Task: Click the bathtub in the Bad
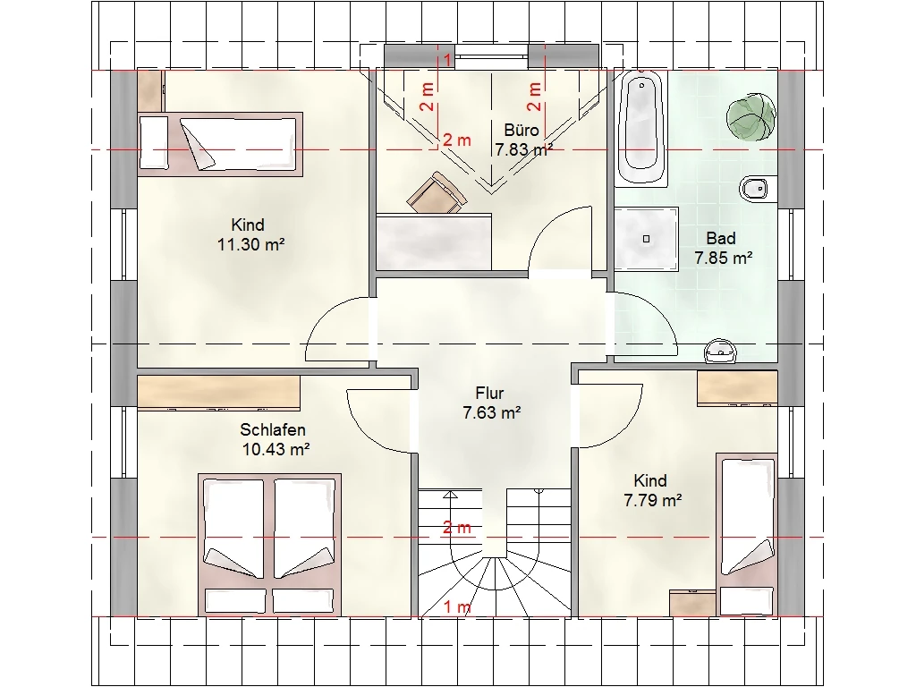click(x=642, y=129)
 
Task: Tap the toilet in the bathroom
click(x=756, y=188)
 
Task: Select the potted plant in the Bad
click(x=751, y=116)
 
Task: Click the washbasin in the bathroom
click(x=720, y=351)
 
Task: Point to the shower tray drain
click(x=646, y=239)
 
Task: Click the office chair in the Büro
click(x=437, y=193)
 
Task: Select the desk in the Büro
click(x=434, y=242)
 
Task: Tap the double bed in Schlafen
click(x=269, y=544)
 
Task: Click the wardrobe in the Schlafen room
click(x=218, y=393)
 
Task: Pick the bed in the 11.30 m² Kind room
click(x=220, y=144)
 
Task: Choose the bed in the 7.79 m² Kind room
click(x=747, y=534)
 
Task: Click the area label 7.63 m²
click(x=492, y=413)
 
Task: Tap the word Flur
click(x=489, y=394)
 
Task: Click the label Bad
click(x=721, y=238)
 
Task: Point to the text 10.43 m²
click(x=276, y=449)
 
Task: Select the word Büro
click(x=522, y=130)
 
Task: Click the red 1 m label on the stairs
click(x=457, y=607)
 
